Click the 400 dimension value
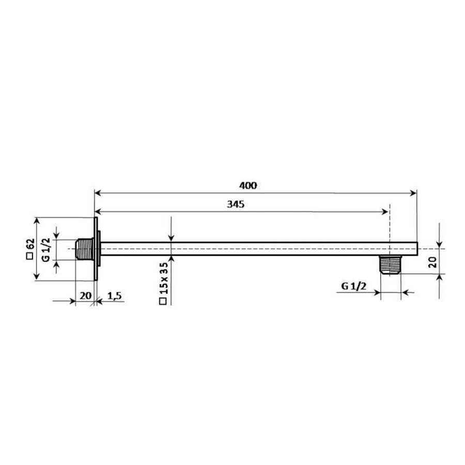(248, 185)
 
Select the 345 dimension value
(236, 204)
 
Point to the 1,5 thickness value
(115, 296)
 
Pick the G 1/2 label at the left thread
(46, 250)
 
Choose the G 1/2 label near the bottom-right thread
(354, 286)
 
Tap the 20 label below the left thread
(85, 296)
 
